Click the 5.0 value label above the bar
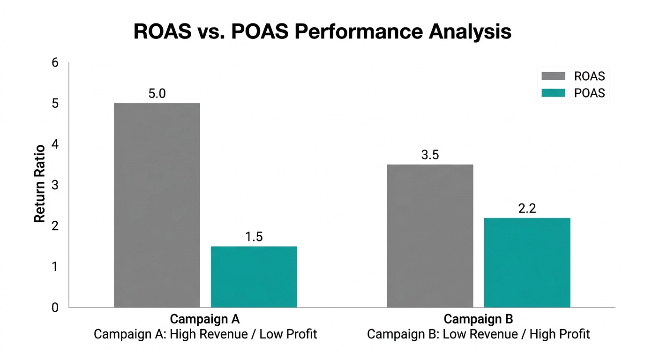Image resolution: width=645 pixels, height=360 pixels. pos(157,94)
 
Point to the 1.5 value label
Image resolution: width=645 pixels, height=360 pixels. pos(254,237)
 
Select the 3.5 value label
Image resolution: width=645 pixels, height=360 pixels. pos(430,155)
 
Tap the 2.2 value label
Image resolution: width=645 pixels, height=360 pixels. pos(527,209)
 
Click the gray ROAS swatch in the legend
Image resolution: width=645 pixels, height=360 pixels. pos(553,76)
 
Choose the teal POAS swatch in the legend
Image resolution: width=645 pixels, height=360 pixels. pos(553,93)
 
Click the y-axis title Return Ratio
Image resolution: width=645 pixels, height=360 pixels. pos(40,184)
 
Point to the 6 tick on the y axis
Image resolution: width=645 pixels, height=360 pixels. pos(55,62)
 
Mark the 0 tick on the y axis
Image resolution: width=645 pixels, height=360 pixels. pos(55,307)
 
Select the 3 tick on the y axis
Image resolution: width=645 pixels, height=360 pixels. pos(55,185)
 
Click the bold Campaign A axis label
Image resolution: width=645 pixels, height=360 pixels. pos(205,319)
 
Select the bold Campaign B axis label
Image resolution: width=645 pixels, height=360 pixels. pos(478,319)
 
